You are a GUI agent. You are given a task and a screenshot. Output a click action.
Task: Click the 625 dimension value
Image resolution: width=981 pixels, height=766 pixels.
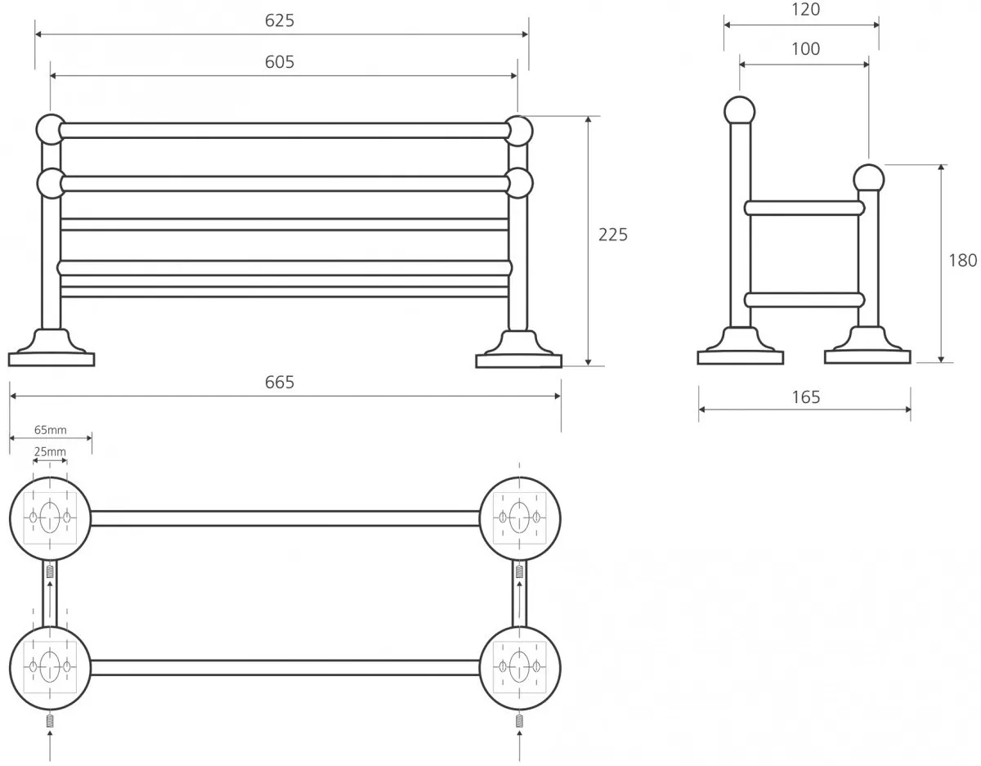pos(280,21)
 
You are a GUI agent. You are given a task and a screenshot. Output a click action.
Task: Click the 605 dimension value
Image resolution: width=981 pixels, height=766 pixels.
pos(280,62)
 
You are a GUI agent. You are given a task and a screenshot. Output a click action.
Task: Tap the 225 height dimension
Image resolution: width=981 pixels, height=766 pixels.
pos(613,235)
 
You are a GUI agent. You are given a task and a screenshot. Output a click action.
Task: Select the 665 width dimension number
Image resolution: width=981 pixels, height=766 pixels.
pos(280,383)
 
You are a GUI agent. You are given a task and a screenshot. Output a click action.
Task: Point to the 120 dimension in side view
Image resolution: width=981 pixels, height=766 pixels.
pos(805,10)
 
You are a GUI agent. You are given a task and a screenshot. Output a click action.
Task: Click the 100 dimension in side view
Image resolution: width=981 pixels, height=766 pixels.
pos(805,49)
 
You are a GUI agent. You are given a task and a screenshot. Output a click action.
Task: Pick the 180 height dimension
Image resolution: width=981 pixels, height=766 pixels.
pos(962,261)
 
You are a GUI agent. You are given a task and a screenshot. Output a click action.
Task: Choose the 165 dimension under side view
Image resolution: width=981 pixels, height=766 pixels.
pos(805,398)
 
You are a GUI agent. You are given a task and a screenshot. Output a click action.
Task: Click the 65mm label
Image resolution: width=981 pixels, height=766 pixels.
pos(51,430)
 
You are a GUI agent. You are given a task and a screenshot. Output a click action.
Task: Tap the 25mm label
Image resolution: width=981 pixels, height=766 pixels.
pos(51,451)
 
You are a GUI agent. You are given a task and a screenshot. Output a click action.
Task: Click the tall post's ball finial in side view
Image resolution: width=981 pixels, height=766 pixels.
pos(739,110)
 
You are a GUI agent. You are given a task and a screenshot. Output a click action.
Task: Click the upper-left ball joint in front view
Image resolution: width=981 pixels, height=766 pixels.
pos(51,130)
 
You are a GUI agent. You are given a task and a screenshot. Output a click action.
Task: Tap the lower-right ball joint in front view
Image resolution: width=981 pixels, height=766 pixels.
pos(518,182)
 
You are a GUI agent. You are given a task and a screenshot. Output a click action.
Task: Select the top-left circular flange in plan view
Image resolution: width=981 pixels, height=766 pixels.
pos(50,517)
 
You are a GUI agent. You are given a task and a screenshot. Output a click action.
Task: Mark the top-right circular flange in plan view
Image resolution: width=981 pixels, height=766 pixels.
pos(520,517)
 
